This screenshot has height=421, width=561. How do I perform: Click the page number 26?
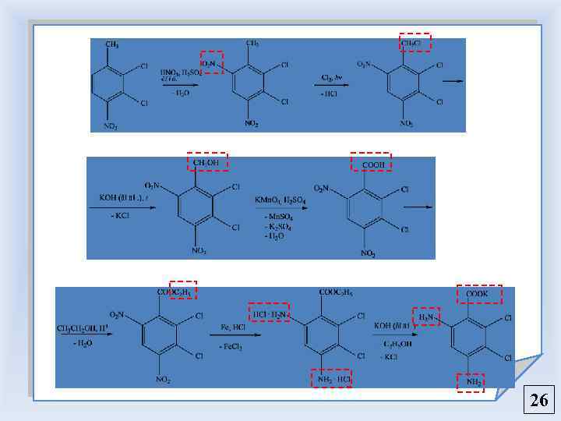(539, 402)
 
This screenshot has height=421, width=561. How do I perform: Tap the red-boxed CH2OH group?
(207, 162)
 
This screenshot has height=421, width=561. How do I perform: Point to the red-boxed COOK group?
(479, 294)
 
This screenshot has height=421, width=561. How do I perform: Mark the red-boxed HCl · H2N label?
(270, 313)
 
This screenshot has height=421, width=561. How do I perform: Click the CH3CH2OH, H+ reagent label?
(82, 328)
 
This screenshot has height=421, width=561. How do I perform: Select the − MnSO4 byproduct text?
(277, 216)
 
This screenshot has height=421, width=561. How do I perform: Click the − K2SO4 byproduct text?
(277, 226)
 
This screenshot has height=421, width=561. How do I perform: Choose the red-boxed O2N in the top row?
(211, 62)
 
